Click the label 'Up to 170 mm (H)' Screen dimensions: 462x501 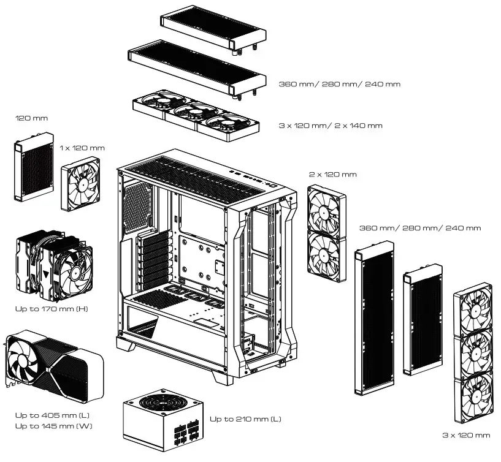point(52,309)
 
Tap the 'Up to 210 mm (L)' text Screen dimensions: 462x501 point(245,419)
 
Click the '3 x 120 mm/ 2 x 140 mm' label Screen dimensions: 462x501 point(330,126)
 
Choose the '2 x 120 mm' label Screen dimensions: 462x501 point(332,175)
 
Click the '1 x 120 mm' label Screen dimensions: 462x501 point(82,148)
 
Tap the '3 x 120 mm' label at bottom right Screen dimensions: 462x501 point(466,435)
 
